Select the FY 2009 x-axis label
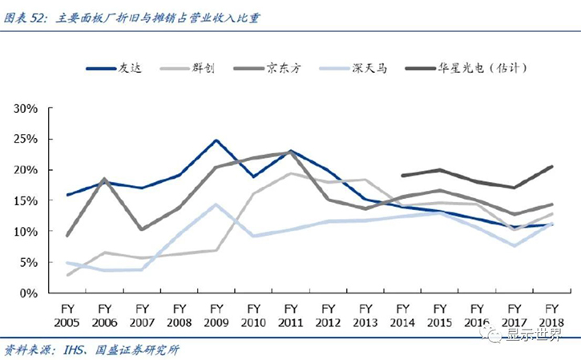click(x=215, y=313)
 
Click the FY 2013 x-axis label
click(x=365, y=313)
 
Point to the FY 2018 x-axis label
click(x=551, y=313)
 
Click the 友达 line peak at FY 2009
click(x=216, y=140)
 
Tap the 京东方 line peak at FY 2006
click(x=104, y=179)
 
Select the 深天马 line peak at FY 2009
click(x=216, y=204)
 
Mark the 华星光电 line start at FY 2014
click(x=401, y=175)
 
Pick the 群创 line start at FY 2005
click(x=67, y=275)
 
